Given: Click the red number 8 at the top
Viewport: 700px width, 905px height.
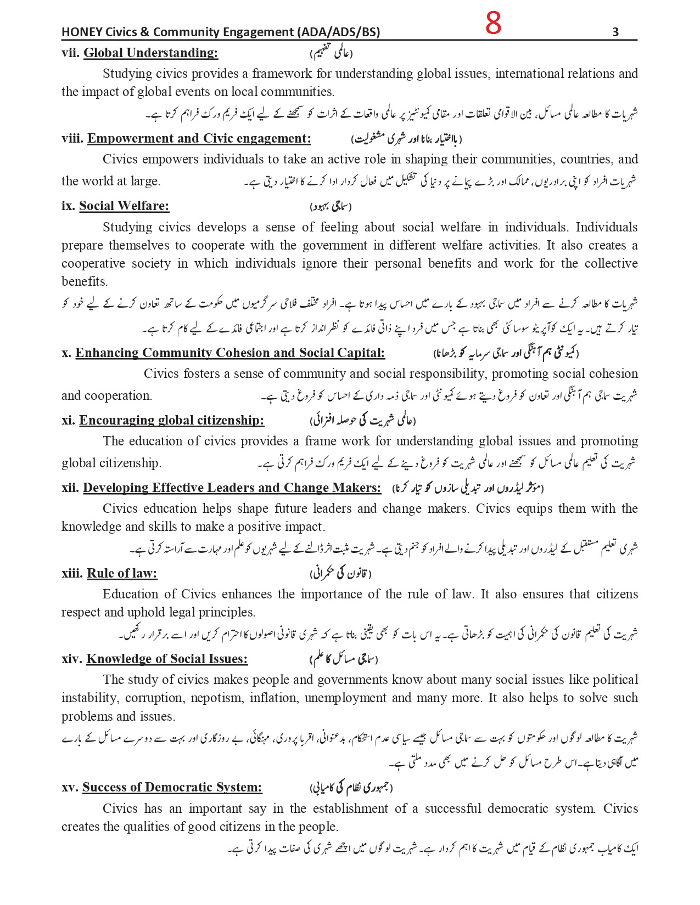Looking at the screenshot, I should coord(493,24).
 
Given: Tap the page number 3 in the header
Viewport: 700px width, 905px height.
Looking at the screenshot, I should coord(615,32).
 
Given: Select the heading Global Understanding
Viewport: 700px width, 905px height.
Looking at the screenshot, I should coord(150,53).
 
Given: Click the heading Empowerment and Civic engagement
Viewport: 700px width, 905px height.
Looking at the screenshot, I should coord(199,138).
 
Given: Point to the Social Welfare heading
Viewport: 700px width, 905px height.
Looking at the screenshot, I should coord(124,206).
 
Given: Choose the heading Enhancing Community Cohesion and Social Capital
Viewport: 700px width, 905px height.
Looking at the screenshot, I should coord(230,353).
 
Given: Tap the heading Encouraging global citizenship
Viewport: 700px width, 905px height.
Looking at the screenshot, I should coord(171,420).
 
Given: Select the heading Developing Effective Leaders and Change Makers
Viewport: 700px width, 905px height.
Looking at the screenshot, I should coord(232,488).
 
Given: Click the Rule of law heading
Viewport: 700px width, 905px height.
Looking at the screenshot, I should coord(122,573).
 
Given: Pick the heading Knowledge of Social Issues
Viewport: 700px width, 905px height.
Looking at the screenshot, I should coord(167,659).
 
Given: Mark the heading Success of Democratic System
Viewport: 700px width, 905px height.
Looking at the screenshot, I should coord(172,787).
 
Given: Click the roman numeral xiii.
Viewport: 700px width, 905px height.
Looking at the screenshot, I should coord(72,573).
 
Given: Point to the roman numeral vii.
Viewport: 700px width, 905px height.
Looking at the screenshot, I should coord(71,53).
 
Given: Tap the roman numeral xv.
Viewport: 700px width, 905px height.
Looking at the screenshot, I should coord(70,787).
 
